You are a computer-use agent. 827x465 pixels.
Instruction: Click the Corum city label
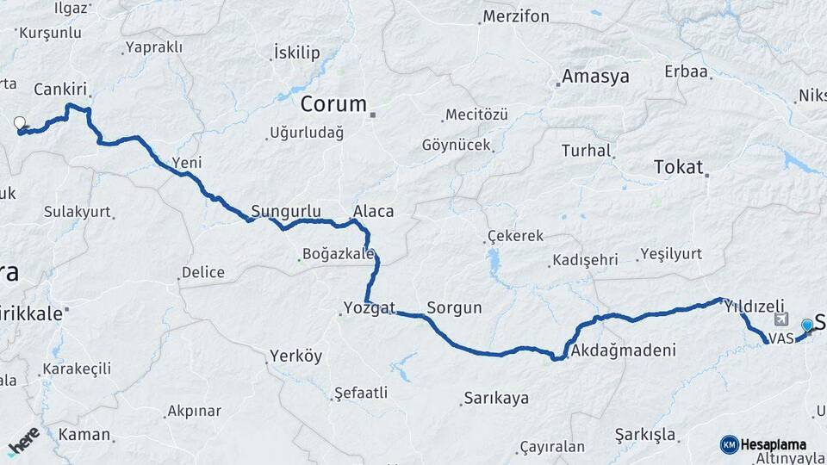[333, 104]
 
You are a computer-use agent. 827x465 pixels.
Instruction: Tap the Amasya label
[595, 76]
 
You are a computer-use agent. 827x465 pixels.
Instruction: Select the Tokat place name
[679, 167]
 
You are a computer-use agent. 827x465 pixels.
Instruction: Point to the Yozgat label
[369, 307]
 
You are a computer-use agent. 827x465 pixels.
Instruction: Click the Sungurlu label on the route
[286, 211]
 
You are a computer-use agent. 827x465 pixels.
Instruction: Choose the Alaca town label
[373, 211]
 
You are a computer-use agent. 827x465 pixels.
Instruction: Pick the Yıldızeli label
[755, 306]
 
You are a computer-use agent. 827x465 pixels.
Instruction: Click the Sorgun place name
[454, 307]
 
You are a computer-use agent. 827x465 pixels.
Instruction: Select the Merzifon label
[516, 16]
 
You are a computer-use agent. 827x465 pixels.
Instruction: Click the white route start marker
[20, 124]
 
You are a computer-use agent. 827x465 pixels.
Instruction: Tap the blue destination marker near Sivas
[806, 325]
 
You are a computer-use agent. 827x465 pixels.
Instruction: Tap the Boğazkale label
[338, 254]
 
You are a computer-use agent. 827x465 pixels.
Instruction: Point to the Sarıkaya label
[495, 398]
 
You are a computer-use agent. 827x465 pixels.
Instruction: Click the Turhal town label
[586, 151]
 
